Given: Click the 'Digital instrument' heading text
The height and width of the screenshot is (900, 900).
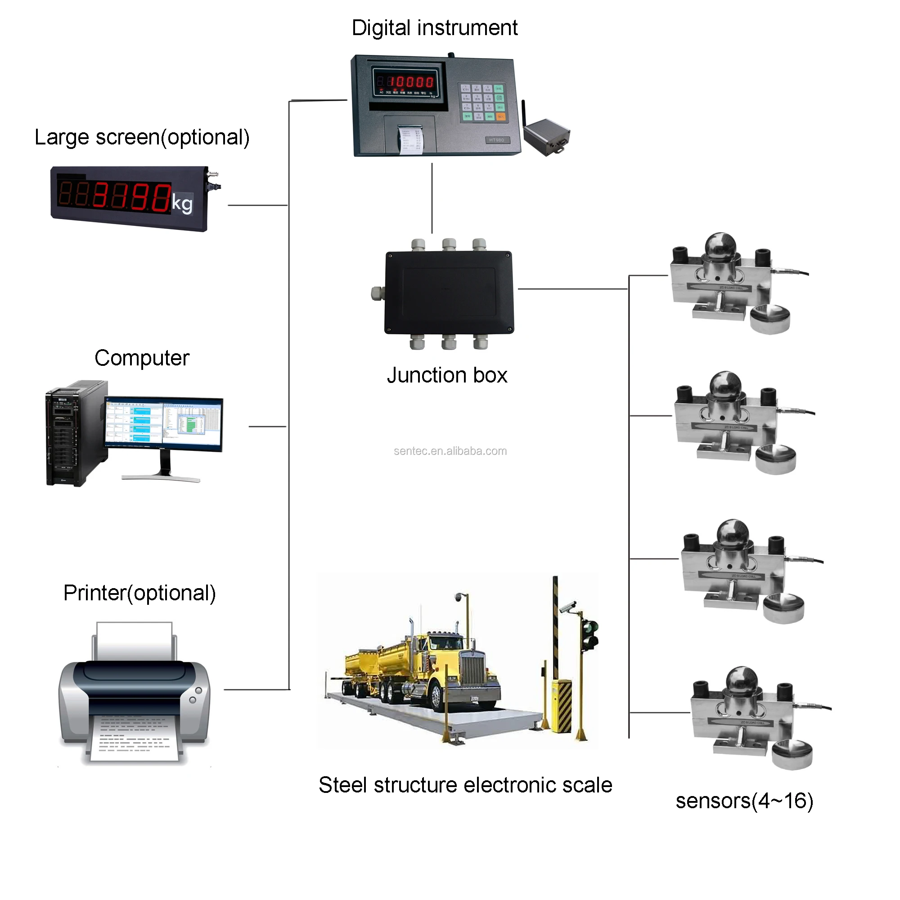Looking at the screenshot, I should (x=434, y=28).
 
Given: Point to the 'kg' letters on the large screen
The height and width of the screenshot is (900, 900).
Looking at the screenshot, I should (x=182, y=203).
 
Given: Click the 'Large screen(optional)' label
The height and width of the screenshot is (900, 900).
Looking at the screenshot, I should (x=142, y=137).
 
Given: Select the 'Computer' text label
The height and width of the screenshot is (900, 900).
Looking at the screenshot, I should (x=142, y=358).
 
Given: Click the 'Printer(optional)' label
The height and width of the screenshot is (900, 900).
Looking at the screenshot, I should (x=139, y=594).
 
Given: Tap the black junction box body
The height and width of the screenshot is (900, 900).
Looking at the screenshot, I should (x=449, y=292).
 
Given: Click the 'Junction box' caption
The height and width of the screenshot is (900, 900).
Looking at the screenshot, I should (x=447, y=375).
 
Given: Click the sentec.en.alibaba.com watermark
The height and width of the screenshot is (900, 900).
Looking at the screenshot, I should (x=450, y=451).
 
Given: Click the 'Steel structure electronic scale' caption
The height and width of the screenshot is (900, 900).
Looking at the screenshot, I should (x=465, y=785).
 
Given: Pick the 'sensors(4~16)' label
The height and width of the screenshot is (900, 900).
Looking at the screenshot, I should (x=744, y=801).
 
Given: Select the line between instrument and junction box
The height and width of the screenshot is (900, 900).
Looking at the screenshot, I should (x=432, y=198).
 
